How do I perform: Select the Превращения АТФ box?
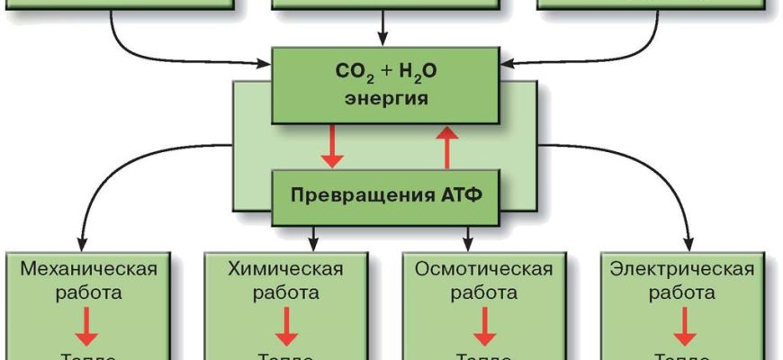pos(384,195)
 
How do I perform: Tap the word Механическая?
pos(88,269)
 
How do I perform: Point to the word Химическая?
pos(286,269)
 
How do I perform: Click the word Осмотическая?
pos(483,269)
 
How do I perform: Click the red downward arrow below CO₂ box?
pos(333,148)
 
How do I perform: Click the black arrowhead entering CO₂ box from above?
pos(384,40)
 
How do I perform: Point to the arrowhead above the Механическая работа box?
pos(82,243)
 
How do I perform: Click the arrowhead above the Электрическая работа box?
pos(690,243)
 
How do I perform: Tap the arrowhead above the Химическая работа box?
pos(314,243)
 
